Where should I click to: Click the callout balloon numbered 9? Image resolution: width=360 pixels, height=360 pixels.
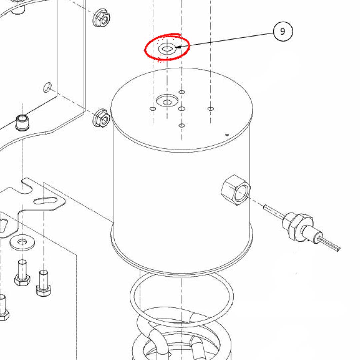(x=283, y=32)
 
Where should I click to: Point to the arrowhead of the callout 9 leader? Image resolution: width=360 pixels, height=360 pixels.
(x=177, y=48)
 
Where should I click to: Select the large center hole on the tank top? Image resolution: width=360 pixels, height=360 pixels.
(x=167, y=101)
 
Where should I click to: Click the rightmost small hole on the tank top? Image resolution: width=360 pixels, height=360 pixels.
(x=210, y=109)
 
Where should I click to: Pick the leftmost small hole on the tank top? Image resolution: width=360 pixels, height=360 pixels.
(x=153, y=109)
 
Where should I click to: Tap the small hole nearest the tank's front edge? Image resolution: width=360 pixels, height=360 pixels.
(x=182, y=126)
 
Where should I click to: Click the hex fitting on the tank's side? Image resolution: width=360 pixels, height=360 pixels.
(x=235, y=190)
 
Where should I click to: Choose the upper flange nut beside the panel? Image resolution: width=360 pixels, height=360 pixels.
(x=101, y=18)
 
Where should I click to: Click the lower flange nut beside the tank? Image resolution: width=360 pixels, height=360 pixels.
(x=101, y=117)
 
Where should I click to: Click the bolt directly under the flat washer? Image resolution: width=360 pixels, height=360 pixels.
(x=22, y=272)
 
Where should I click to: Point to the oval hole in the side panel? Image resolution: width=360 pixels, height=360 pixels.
(x=48, y=88)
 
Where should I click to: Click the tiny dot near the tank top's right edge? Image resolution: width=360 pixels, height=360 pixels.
(x=226, y=135)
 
